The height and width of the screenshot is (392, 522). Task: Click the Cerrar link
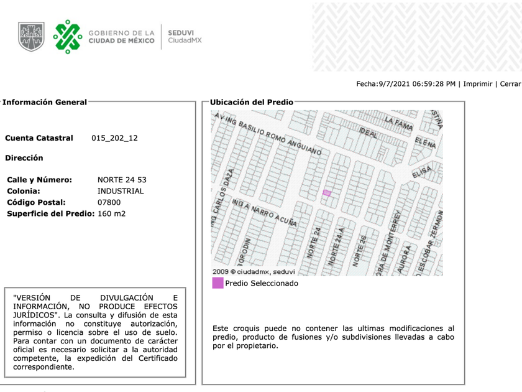(x=510, y=84)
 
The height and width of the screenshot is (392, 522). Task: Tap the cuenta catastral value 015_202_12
(x=114, y=138)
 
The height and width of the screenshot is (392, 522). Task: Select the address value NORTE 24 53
(x=122, y=180)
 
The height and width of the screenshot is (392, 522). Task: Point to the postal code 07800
(x=109, y=202)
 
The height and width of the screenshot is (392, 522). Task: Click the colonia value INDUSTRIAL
(x=121, y=191)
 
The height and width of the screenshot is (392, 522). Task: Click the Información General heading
(x=45, y=102)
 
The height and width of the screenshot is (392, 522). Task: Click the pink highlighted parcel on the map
(x=326, y=194)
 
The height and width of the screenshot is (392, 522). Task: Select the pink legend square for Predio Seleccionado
(x=217, y=283)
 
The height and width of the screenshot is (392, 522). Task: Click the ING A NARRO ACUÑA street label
(x=264, y=212)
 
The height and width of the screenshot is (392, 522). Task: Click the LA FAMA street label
(x=398, y=123)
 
